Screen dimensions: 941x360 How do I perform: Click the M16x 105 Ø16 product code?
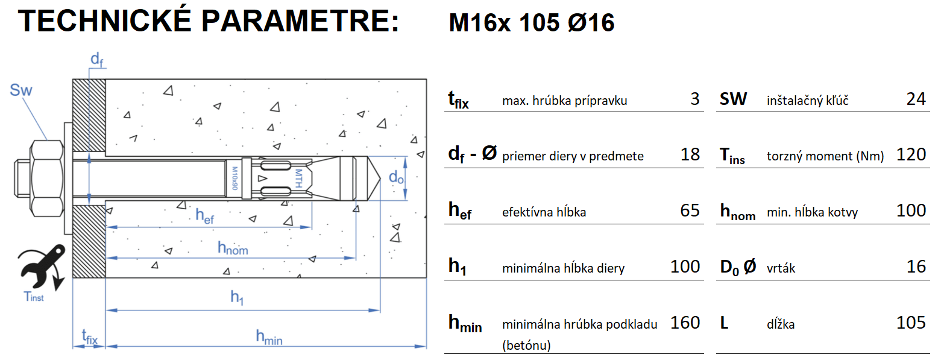[532, 24]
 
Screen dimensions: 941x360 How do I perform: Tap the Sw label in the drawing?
[21, 91]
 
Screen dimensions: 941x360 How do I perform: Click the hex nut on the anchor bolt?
[46, 178]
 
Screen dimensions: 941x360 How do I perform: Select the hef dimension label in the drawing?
[204, 216]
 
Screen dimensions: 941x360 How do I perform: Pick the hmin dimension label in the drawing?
[269, 337]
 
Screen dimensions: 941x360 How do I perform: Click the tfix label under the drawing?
[89, 336]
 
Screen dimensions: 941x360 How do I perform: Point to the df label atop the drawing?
[96, 59]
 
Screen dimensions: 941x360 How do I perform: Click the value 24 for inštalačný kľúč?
[916, 99]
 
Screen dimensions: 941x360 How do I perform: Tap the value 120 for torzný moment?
[911, 155]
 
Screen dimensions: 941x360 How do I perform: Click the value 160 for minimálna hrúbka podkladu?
[685, 323]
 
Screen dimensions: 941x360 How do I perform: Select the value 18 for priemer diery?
[690, 155]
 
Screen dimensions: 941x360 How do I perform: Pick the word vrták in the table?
[781, 268]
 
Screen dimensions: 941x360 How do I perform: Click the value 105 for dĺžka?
[911, 323]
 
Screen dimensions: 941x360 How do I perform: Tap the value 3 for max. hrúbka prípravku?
[695, 99]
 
